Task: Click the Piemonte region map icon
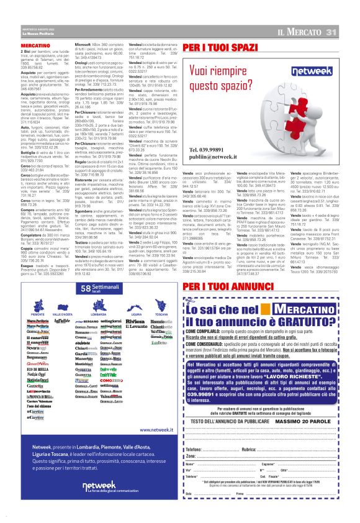54,305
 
